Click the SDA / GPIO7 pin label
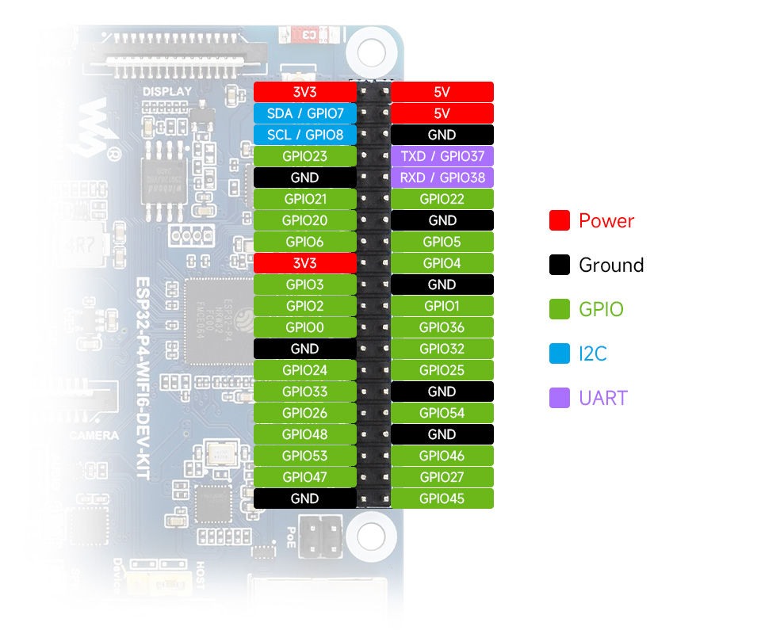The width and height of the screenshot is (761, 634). tap(304, 113)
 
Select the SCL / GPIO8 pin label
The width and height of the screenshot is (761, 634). tap(304, 135)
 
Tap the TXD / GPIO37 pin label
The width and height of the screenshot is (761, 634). tap(442, 156)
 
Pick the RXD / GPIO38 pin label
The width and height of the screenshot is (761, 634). tap(442, 178)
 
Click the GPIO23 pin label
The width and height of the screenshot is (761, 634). tap(304, 156)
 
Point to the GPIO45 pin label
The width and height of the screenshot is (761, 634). tap(442, 498)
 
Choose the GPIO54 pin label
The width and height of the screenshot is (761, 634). tap(442, 413)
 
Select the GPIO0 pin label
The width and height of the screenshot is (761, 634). tap(304, 327)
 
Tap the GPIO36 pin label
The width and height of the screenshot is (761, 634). tap(442, 327)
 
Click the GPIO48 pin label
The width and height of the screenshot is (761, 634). tap(304, 434)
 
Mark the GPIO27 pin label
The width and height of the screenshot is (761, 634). tap(442, 477)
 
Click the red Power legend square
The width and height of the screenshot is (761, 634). tap(560, 221)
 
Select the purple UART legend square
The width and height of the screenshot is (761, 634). tap(560, 398)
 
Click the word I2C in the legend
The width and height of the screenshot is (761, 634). tap(593, 353)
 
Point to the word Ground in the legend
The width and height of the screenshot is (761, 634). tap(611, 265)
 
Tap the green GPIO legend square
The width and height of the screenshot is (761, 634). tap(560, 309)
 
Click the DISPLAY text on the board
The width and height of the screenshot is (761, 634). tap(167, 92)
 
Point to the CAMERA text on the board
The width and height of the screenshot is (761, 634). tap(94, 435)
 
